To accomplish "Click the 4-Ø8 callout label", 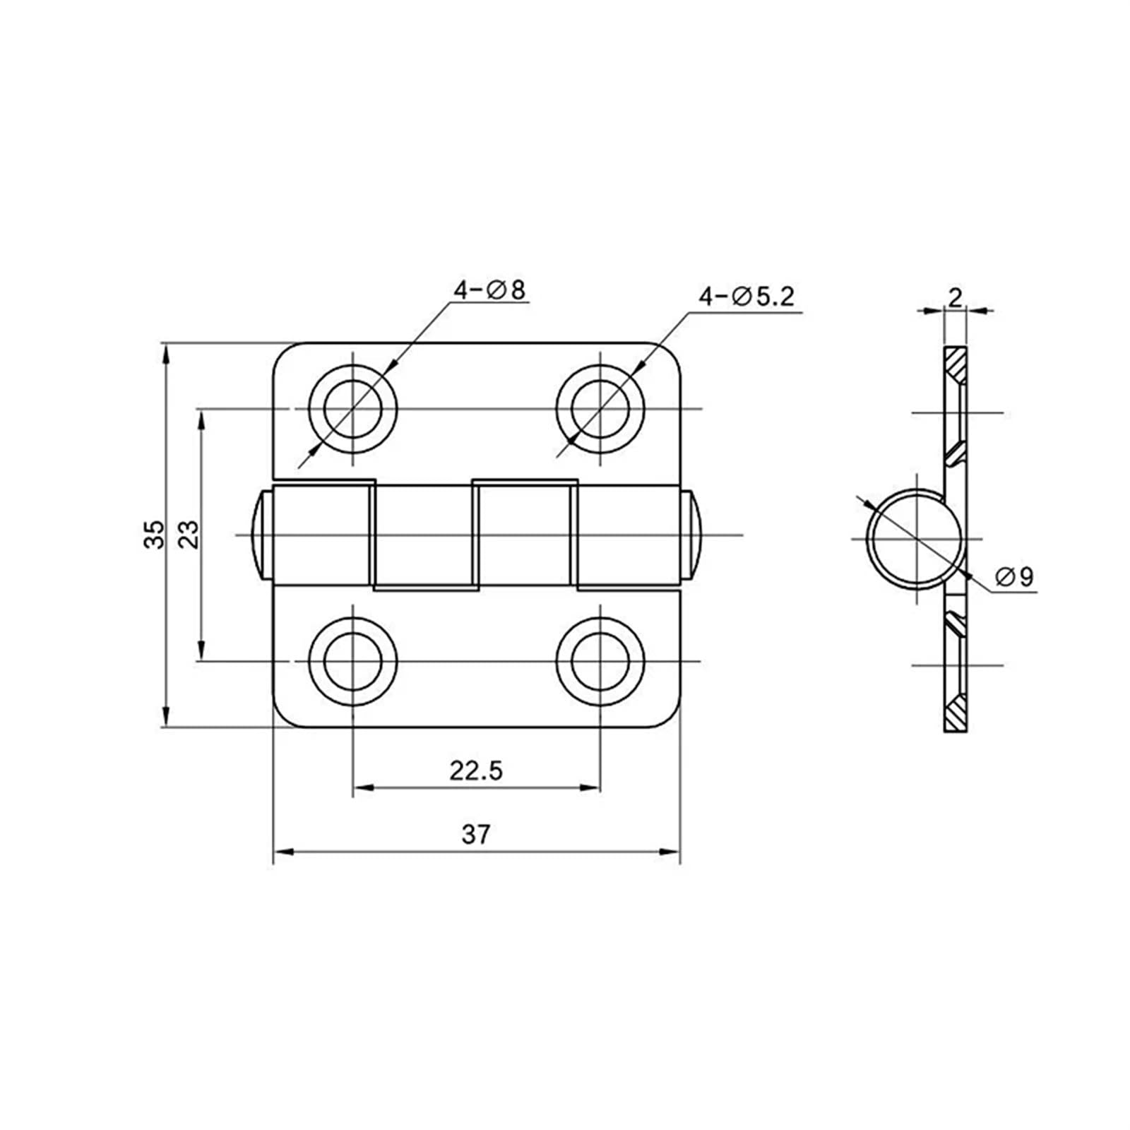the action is [x=489, y=290].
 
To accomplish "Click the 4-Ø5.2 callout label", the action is [x=747, y=297].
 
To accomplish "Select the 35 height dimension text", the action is [x=155, y=535].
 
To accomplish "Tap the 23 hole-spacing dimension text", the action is [x=189, y=535].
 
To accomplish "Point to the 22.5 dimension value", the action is [x=476, y=770].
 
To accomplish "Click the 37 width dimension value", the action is [x=476, y=834].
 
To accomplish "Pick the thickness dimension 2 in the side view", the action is [x=955, y=298].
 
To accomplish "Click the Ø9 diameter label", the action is [x=1014, y=577].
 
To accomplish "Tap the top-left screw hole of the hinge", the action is [x=352, y=409].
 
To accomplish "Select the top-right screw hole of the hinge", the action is [x=600, y=409].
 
